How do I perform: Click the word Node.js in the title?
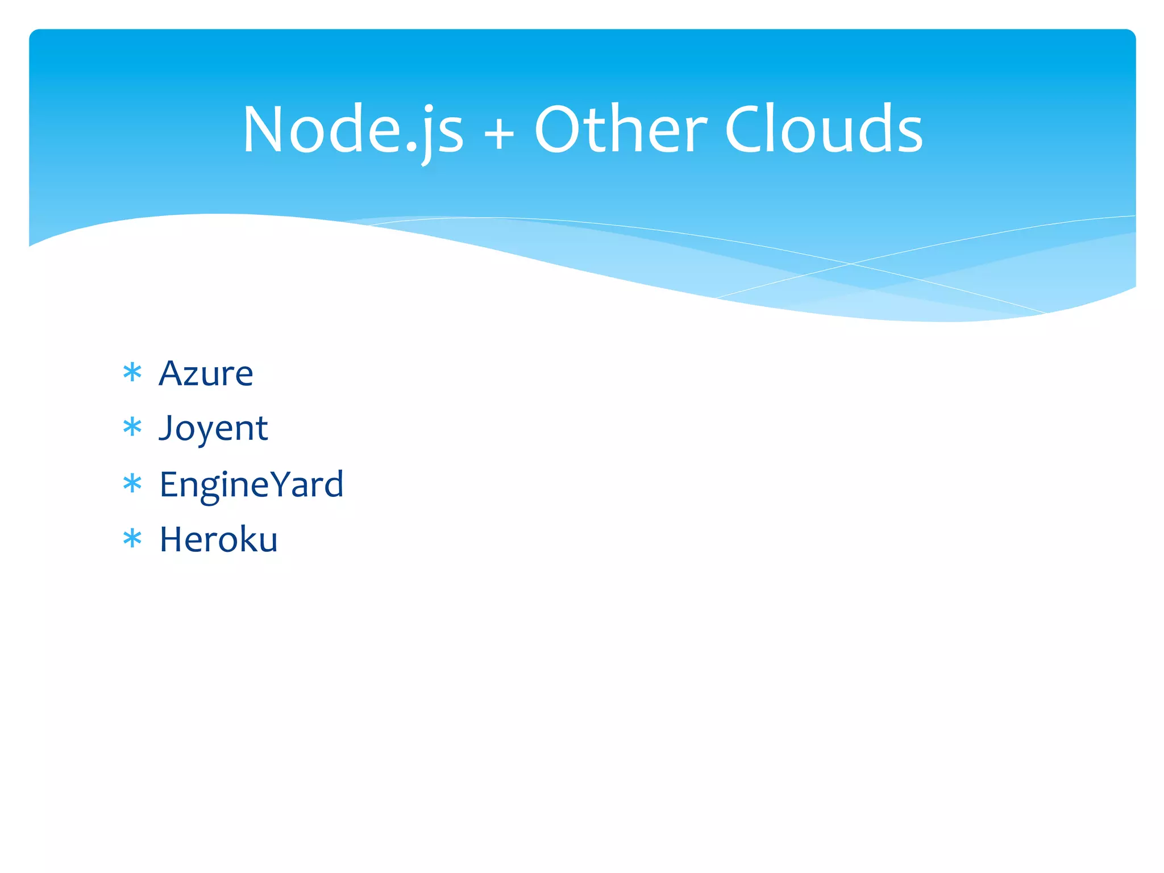353,131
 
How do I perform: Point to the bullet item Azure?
206,373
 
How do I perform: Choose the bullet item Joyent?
213,428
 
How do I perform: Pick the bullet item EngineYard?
251,484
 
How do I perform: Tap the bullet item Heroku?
218,539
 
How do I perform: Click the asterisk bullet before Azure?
132,373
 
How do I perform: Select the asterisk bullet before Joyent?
132,427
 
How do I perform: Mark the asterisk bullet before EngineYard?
132,484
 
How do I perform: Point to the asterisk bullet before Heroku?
132,538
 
